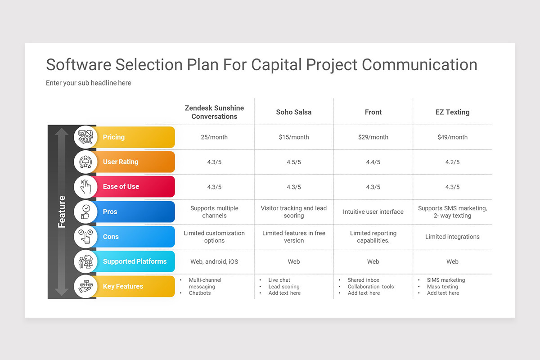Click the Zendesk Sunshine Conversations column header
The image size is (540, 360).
click(x=214, y=112)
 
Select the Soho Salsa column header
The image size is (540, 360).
click(x=293, y=112)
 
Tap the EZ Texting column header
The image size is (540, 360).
click(x=452, y=112)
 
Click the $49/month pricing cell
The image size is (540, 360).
click(x=452, y=137)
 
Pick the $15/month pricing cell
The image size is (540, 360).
click(x=293, y=137)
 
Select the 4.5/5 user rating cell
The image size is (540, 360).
click(x=293, y=162)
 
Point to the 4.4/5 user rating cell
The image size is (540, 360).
click(x=373, y=162)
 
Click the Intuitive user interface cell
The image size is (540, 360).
click(x=373, y=211)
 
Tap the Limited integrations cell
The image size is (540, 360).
click(x=452, y=237)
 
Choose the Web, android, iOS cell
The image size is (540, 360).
click(x=214, y=261)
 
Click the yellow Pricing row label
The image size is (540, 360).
click(x=135, y=137)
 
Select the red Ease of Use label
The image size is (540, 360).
click(x=135, y=187)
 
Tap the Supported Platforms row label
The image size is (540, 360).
click(x=135, y=261)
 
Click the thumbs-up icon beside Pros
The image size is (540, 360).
click(x=85, y=211)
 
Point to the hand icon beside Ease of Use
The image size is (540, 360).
click(x=85, y=187)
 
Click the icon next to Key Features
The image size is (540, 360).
click(x=85, y=286)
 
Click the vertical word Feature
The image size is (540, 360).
click(x=62, y=211)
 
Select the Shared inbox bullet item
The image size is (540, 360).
click(x=363, y=280)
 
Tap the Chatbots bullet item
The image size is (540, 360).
click(x=200, y=293)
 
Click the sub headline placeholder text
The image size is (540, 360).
click(x=89, y=83)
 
